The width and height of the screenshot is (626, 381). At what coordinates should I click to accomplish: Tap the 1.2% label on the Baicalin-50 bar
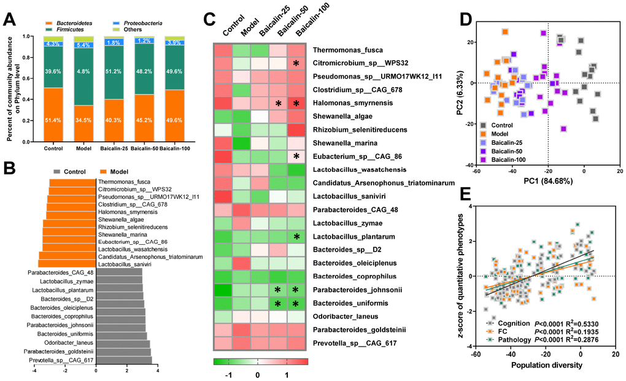pyautogui.click(x=144, y=41)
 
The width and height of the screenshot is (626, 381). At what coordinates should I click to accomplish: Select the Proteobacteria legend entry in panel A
pyautogui.click(x=142, y=23)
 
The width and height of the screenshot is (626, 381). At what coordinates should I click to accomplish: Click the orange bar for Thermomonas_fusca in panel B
pyautogui.click(x=72, y=182)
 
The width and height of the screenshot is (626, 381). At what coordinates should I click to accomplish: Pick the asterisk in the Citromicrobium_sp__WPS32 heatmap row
pyautogui.click(x=296, y=63)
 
